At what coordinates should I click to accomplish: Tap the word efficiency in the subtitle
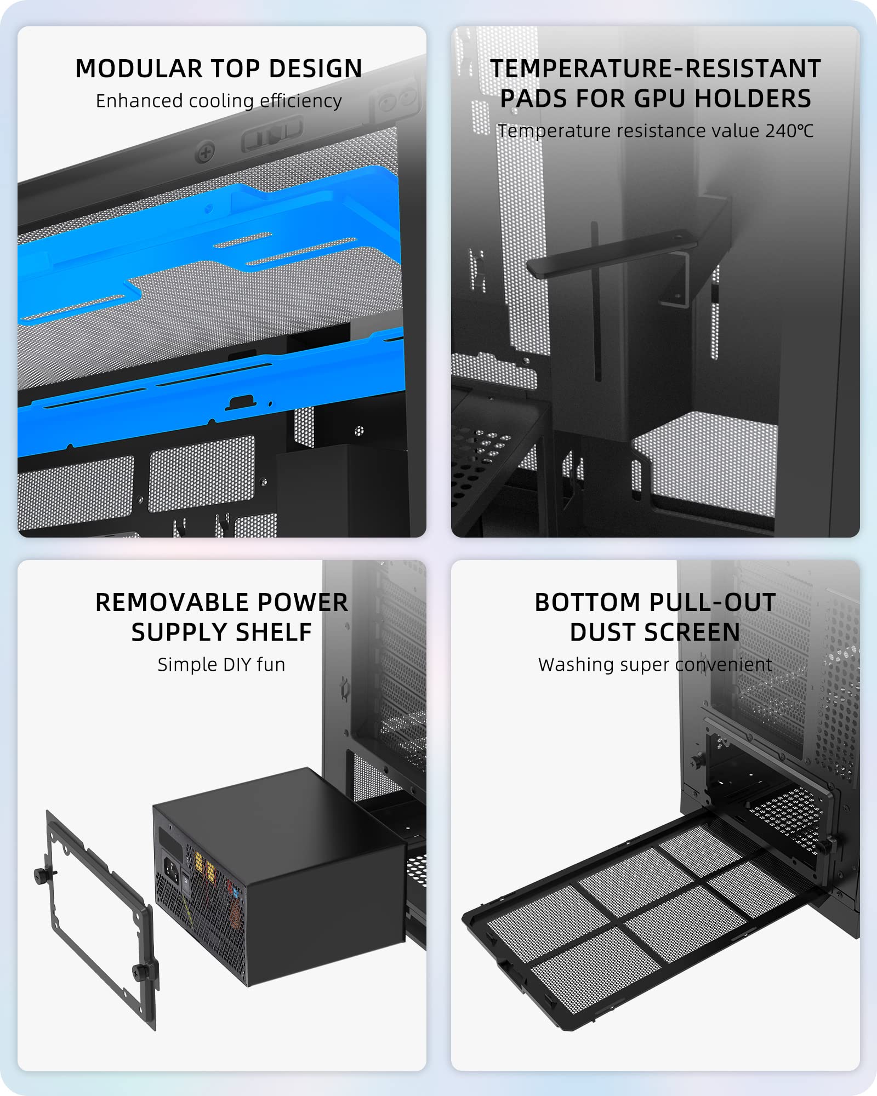[x=301, y=101]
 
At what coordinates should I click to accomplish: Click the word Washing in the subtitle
[x=573, y=665]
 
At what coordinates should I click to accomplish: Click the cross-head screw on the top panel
[x=206, y=152]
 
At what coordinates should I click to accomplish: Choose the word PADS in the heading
[x=534, y=99]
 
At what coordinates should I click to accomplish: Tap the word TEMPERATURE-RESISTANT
[x=656, y=69]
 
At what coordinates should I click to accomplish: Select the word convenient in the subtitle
[x=724, y=665]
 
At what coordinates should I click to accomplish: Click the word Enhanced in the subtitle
[x=139, y=101]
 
